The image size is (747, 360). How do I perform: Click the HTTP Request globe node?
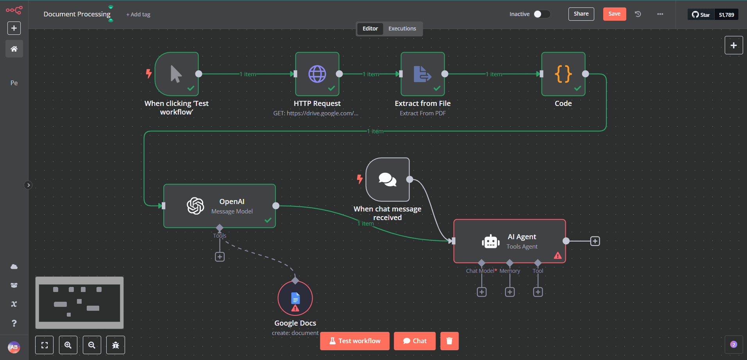pyautogui.click(x=317, y=74)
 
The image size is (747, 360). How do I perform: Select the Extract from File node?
pyautogui.click(x=422, y=74)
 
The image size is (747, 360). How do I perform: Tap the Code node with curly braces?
pyautogui.click(x=563, y=74)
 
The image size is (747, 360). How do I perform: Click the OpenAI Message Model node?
pyautogui.click(x=219, y=206)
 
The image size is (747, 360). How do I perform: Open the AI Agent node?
pyautogui.click(x=509, y=241)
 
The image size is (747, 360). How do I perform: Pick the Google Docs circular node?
pyautogui.click(x=295, y=299)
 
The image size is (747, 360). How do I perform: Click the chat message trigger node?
pyautogui.click(x=387, y=179)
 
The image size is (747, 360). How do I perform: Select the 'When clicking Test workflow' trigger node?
pyautogui.click(x=177, y=74)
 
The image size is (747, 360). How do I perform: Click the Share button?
pyautogui.click(x=581, y=14)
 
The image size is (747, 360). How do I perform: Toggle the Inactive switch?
pyautogui.click(x=542, y=14)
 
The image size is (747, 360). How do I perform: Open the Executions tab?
pyautogui.click(x=402, y=29)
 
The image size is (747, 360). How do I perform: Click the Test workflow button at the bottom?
pyautogui.click(x=355, y=341)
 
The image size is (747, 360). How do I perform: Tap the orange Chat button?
pyautogui.click(x=415, y=341)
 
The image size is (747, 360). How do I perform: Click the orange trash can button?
pyautogui.click(x=449, y=341)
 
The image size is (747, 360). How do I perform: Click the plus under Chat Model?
pyautogui.click(x=482, y=292)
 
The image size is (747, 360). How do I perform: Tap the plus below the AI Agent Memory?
pyautogui.click(x=510, y=292)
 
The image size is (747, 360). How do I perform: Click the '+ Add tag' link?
pyautogui.click(x=138, y=14)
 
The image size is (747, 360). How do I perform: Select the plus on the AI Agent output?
pyautogui.click(x=595, y=241)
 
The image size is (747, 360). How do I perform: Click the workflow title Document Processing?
pyautogui.click(x=77, y=14)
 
